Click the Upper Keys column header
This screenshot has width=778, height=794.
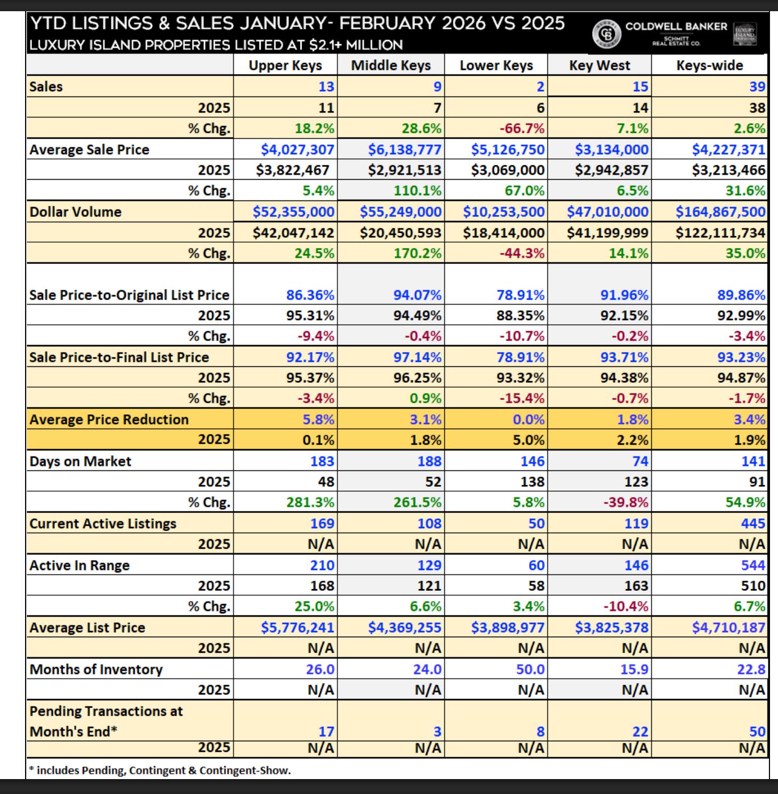point(285,66)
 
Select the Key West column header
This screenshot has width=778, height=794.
point(599,66)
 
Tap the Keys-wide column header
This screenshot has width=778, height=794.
point(709,66)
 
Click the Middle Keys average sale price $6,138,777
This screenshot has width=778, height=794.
point(404,149)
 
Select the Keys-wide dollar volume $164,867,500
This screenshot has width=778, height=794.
point(720,212)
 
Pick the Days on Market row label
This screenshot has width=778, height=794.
point(80,461)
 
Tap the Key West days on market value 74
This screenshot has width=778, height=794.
point(640,461)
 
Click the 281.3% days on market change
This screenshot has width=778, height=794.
point(314,502)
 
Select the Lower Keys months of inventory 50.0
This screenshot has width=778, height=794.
point(530,669)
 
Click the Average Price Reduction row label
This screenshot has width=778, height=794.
point(109,420)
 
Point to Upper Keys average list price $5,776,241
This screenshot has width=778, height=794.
point(297,628)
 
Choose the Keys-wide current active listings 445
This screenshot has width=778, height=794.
point(752,524)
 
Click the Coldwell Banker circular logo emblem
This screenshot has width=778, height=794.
point(606,33)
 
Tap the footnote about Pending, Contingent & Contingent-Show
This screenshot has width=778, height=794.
point(160,770)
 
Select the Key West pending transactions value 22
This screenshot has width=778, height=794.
point(640,732)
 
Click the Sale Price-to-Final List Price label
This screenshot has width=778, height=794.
point(119,357)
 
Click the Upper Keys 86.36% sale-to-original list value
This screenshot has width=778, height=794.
point(310,295)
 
